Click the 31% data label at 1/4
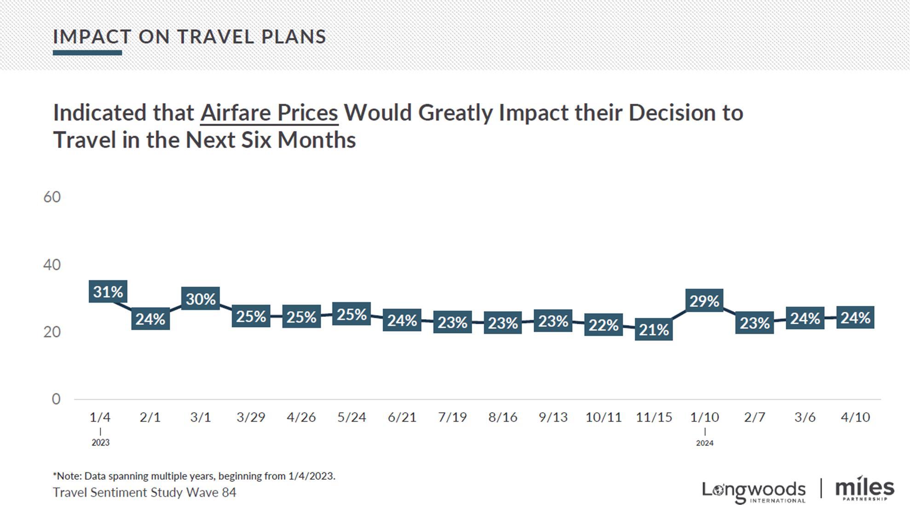108,292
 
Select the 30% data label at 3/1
201,299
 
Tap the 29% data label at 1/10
704,301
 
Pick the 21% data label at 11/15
654,329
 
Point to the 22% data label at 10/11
604,325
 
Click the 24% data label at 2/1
150,319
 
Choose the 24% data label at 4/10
855,317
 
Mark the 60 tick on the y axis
52,197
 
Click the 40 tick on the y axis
52,264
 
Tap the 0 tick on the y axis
56,399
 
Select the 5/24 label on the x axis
351,417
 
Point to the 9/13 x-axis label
553,417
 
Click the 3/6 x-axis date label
805,417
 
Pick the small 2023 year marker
100,442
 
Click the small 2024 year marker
704,443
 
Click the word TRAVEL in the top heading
215,37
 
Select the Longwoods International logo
754,491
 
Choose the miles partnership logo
864,489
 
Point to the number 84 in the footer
229,492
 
